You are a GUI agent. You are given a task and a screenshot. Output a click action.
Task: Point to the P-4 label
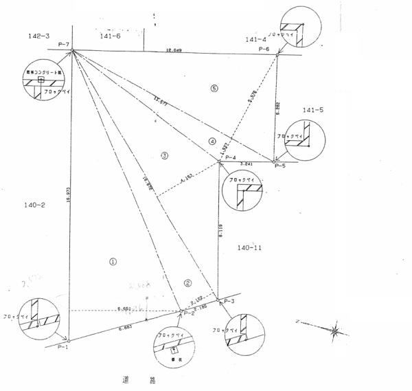click(231, 157)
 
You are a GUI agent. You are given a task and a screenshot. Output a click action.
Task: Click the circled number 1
click(114, 261)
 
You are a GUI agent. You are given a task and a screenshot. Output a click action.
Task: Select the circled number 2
click(187, 282)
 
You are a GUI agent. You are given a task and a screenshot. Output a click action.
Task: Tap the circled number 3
click(164, 155)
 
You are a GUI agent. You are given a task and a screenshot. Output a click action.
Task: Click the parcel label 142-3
click(38, 36)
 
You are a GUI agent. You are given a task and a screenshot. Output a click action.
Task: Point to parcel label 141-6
click(110, 35)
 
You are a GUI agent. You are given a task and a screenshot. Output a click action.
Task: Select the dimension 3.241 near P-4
click(247, 164)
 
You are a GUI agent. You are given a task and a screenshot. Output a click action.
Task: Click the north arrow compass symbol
click(334, 331)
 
